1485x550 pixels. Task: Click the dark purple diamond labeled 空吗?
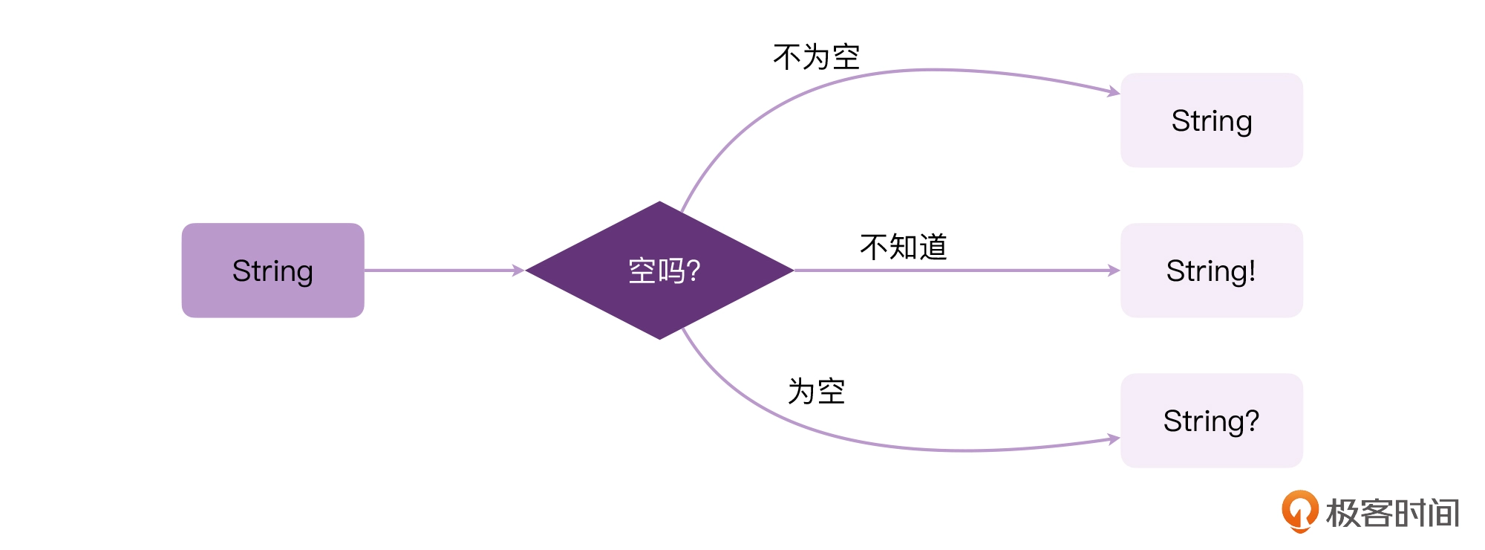coord(659,271)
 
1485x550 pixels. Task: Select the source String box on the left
coord(273,271)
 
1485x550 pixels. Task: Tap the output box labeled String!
coord(1212,271)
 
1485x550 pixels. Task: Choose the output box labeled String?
coord(1212,421)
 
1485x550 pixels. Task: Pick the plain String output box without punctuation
coord(1212,120)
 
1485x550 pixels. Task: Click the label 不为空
coord(816,57)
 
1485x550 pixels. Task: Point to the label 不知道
coord(904,247)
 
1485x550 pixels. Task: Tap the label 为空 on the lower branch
coord(816,391)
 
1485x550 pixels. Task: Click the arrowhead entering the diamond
coord(518,271)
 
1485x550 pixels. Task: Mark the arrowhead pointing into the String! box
coord(1114,271)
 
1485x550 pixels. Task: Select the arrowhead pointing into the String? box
coord(1114,439)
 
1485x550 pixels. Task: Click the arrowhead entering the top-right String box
coord(1114,91)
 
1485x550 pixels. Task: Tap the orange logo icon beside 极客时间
coord(1299,511)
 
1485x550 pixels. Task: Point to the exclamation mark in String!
coord(1252,270)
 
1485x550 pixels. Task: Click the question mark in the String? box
coord(1252,420)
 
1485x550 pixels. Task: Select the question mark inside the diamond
coord(693,271)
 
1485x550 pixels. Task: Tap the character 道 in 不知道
coord(933,247)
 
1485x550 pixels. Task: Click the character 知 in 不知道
coord(904,247)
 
